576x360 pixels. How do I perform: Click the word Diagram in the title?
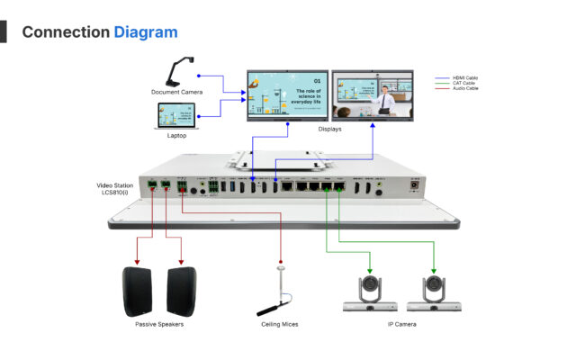(x=145, y=32)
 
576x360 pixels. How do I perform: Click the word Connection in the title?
(x=65, y=32)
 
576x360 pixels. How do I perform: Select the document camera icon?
(x=179, y=71)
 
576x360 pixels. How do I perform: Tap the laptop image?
(x=176, y=115)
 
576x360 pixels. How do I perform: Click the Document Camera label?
(x=176, y=92)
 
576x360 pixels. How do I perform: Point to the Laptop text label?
(x=176, y=136)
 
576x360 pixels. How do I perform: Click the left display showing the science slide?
(x=287, y=94)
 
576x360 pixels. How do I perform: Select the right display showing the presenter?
(x=373, y=94)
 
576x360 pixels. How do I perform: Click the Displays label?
(x=329, y=129)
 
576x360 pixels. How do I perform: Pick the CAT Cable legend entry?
(x=464, y=84)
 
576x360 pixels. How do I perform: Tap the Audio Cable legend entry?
(x=465, y=89)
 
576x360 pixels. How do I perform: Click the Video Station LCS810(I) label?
(x=116, y=190)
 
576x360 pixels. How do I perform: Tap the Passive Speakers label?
(x=159, y=324)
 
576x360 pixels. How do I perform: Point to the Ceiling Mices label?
(x=278, y=324)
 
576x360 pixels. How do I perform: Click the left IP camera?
(x=371, y=293)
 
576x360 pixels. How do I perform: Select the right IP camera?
(x=434, y=293)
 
